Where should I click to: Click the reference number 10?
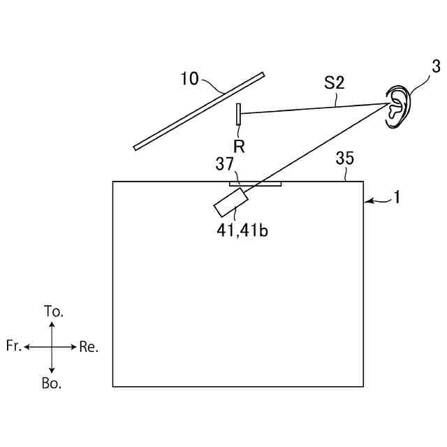pyautogui.click(x=189, y=78)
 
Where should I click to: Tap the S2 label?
pyautogui.click(x=334, y=83)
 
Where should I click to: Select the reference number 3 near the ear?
pyautogui.click(x=435, y=67)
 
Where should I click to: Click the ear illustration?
pyautogui.click(x=399, y=108)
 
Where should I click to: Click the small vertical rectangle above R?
pyautogui.click(x=238, y=115)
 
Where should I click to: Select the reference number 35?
pyautogui.click(x=344, y=159)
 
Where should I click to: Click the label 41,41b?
pyautogui.click(x=242, y=230)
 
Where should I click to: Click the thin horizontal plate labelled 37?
pyautogui.click(x=256, y=185)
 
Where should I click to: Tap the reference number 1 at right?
pyautogui.click(x=396, y=198)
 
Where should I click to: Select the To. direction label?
pyautogui.click(x=53, y=312)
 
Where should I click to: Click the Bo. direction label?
pyautogui.click(x=52, y=383)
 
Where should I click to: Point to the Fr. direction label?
pyautogui.click(x=14, y=346)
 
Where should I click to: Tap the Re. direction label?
pyautogui.click(x=89, y=347)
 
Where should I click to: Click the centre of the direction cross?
pyautogui.click(x=52, y=346)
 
